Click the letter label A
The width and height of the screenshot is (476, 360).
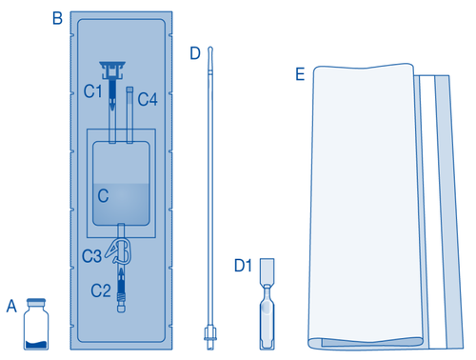[x=11, y=306]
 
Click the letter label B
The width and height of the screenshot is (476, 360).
[x=57, y=17]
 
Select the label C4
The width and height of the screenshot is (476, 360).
[x=148, y=98]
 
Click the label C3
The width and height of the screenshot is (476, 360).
[x=91, y=255]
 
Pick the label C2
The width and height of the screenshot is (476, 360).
[x=101, y=288]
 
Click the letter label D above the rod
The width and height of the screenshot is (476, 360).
[x=194, y=53]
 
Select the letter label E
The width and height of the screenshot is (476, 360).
[x=301, y=74]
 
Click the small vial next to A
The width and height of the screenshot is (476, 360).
[x=38, y=327]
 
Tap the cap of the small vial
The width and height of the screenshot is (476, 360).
[x=38, y=303]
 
